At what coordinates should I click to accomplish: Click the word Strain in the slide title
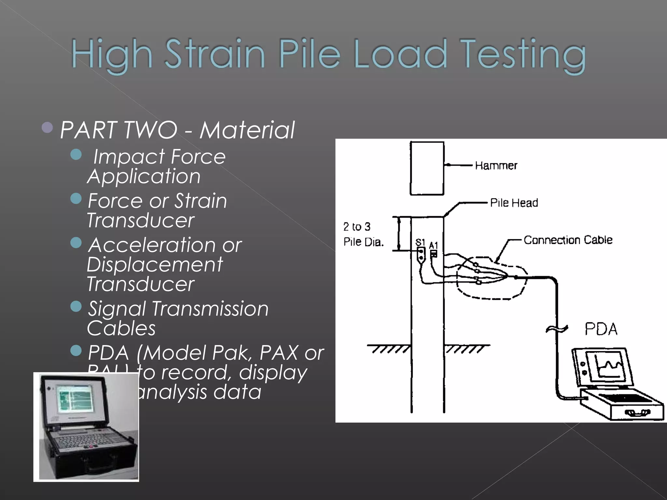click(x=215, y=54)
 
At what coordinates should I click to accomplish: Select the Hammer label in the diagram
click(x=496, y=166)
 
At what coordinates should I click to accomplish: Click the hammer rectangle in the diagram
click(x=427, y=168)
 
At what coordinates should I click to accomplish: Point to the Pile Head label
click(x=514, y=203)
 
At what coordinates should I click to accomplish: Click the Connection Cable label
click(x=568, y=240)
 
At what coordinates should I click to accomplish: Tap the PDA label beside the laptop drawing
click(x=601, y=329)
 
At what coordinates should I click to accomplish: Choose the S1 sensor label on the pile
click(x=420, y=243)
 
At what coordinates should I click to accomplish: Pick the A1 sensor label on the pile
click(x=433, y=245)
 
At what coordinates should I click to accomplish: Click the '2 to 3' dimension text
click(x=357, y=227)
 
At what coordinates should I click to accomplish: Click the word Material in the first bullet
click(x=247, y=130)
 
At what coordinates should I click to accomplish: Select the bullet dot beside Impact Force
click(x=76, y=154)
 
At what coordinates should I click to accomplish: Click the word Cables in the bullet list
click(x=121, y=328)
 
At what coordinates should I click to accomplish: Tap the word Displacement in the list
click(x=155, y=264)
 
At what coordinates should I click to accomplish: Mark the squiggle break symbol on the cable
click(x=557, y=329)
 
